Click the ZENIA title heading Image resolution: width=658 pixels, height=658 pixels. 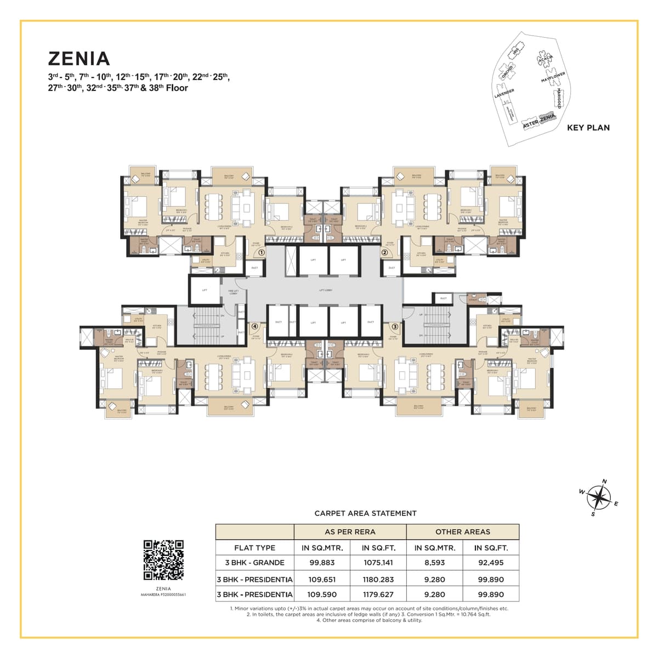pos(79,58)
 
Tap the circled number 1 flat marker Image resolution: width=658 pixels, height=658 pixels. pos(262,253)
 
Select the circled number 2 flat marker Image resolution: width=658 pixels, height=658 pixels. pos(385,253)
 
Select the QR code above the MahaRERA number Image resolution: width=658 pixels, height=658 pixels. pos(163,560)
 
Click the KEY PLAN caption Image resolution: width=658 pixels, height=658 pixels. pos(588,128)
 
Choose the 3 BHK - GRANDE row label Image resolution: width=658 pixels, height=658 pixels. pos(254,563)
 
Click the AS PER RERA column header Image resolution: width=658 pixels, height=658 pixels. pos(350,531)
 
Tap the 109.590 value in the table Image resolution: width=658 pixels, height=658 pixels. pos(322,594)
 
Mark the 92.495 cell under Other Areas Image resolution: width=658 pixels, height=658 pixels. pos(491,563)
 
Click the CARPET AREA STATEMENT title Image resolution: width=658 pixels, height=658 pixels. pos(365,513)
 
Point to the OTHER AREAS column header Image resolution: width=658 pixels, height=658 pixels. pos(462,531)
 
